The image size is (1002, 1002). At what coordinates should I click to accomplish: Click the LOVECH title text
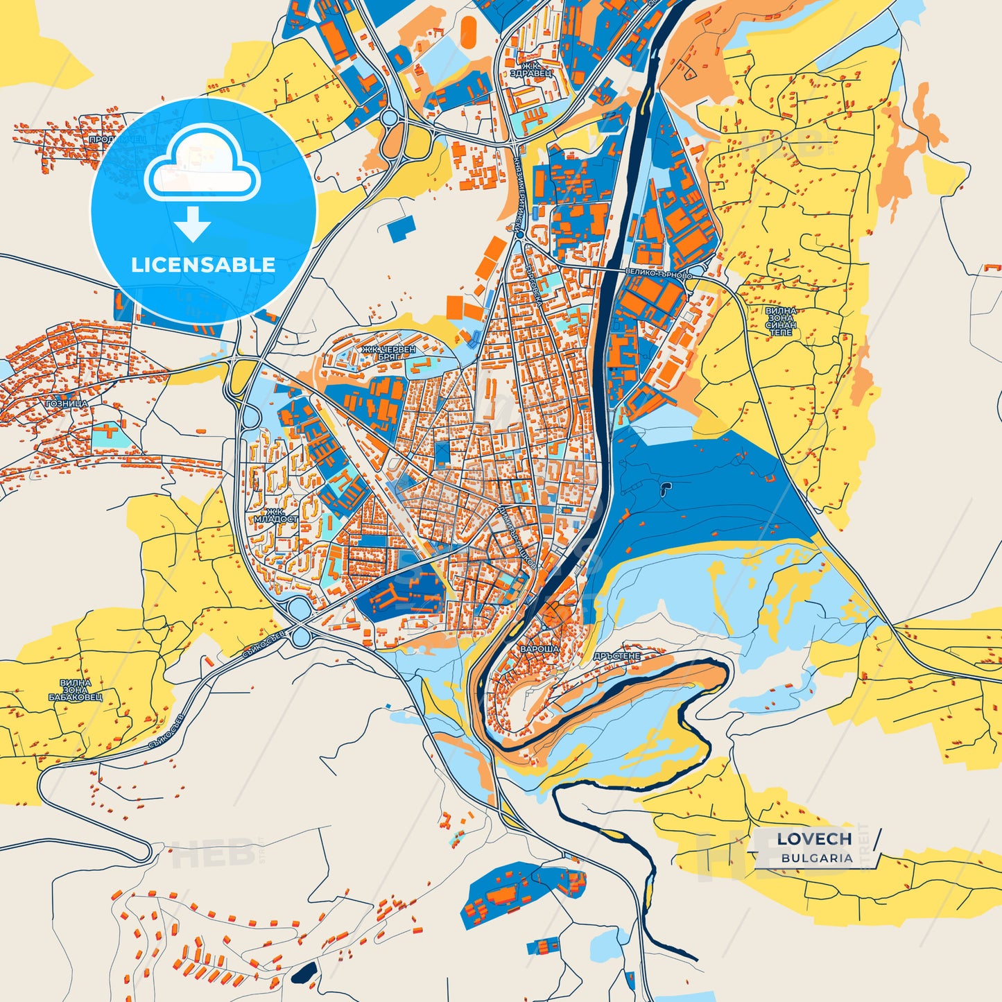pos(814,839)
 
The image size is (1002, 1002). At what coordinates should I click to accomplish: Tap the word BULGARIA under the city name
pos(817,858)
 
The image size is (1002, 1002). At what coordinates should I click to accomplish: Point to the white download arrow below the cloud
pos(192,223)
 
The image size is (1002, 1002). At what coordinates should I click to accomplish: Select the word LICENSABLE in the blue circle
pos(203,265)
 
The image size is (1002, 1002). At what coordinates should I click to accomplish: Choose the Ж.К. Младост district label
pos(275,515)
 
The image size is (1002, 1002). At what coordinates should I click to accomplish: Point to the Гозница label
pos(67,404)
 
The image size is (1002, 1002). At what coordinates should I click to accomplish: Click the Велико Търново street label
pos(658,274)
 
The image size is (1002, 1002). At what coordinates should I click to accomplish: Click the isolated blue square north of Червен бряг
pos(401,228)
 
